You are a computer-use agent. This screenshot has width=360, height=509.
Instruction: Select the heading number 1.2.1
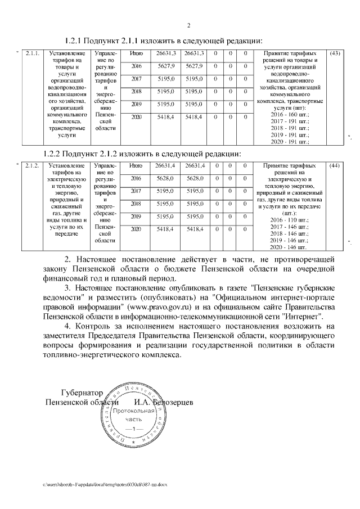point(75,41)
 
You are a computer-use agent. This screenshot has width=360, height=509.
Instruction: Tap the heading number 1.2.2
point(54,154)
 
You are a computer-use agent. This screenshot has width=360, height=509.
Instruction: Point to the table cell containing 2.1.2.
point(32,166)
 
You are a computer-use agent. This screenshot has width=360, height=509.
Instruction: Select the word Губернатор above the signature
point(82,392)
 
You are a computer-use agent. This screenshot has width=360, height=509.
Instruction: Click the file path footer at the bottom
point(105,484)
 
